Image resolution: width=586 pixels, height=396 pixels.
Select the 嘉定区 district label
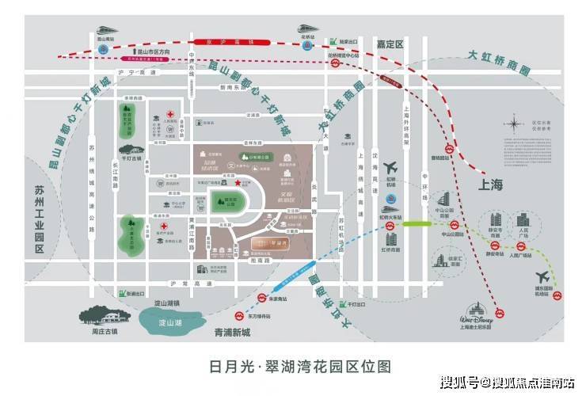point(390,44)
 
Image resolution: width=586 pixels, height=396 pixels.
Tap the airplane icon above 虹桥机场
point(390,169)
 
